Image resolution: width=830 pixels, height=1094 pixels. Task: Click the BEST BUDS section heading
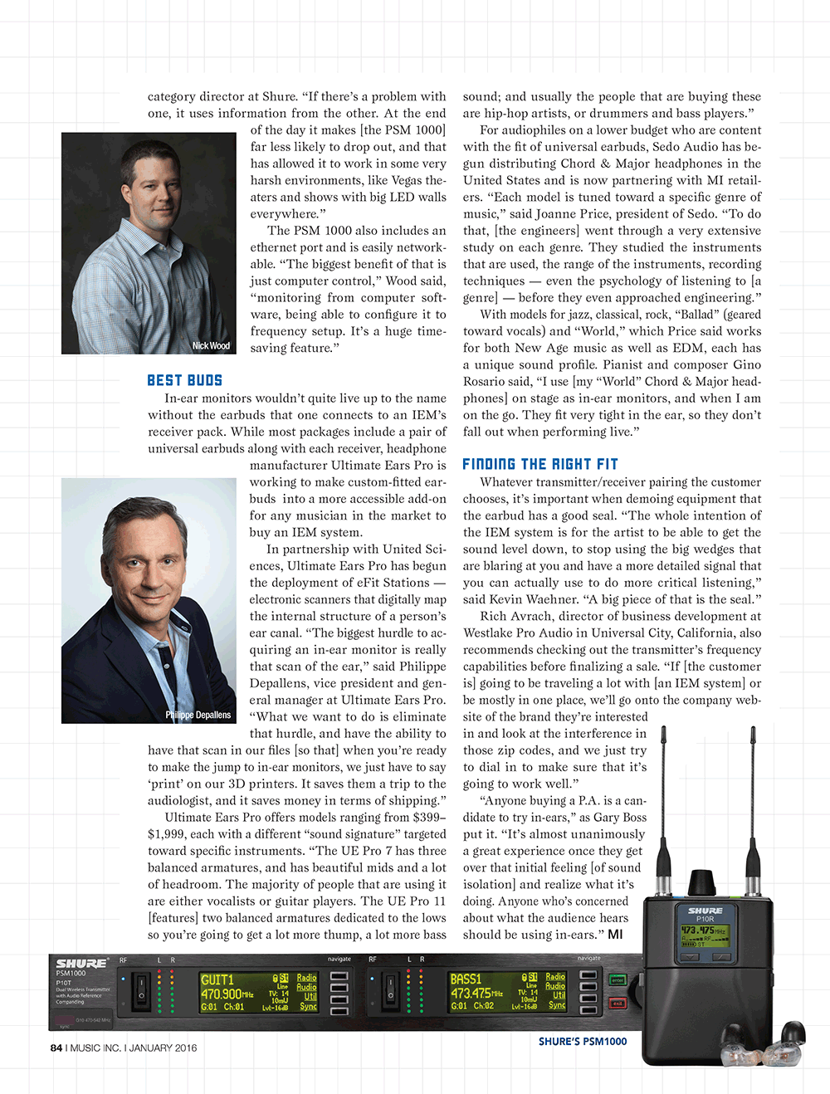tap(184, 380)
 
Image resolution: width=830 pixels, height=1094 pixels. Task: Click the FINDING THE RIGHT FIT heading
tap(539, 464)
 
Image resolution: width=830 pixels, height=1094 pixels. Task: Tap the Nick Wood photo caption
tap(211, 345)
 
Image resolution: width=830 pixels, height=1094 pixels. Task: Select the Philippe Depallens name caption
tap(198, 715)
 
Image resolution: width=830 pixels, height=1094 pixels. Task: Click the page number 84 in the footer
tap(56, 1048)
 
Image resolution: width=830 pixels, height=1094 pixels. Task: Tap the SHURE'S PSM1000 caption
tap(583, 1042)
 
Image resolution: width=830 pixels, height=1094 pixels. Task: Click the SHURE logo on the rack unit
tap(81, 964)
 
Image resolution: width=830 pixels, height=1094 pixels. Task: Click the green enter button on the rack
tap(617, 980)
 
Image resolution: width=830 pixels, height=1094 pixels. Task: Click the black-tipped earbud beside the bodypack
tap(792, 1037)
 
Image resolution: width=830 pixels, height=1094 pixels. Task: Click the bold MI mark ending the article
tap(615, 935)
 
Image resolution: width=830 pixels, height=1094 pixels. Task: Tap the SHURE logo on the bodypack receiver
tap(705, 910)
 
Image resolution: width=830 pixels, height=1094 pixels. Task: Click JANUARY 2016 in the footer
tap(164, 1048)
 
